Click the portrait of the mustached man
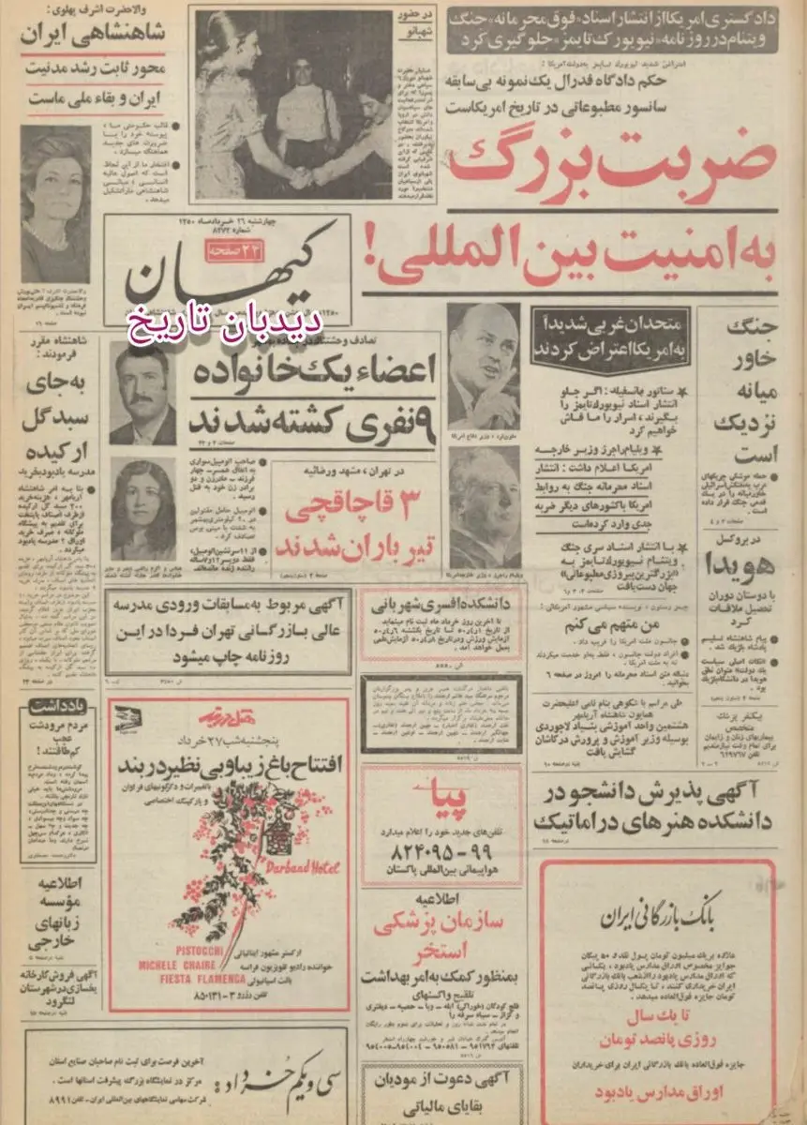pyautogui.click(x=142, y=392)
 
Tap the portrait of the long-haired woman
pyautogui.click(x=142, y=508)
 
